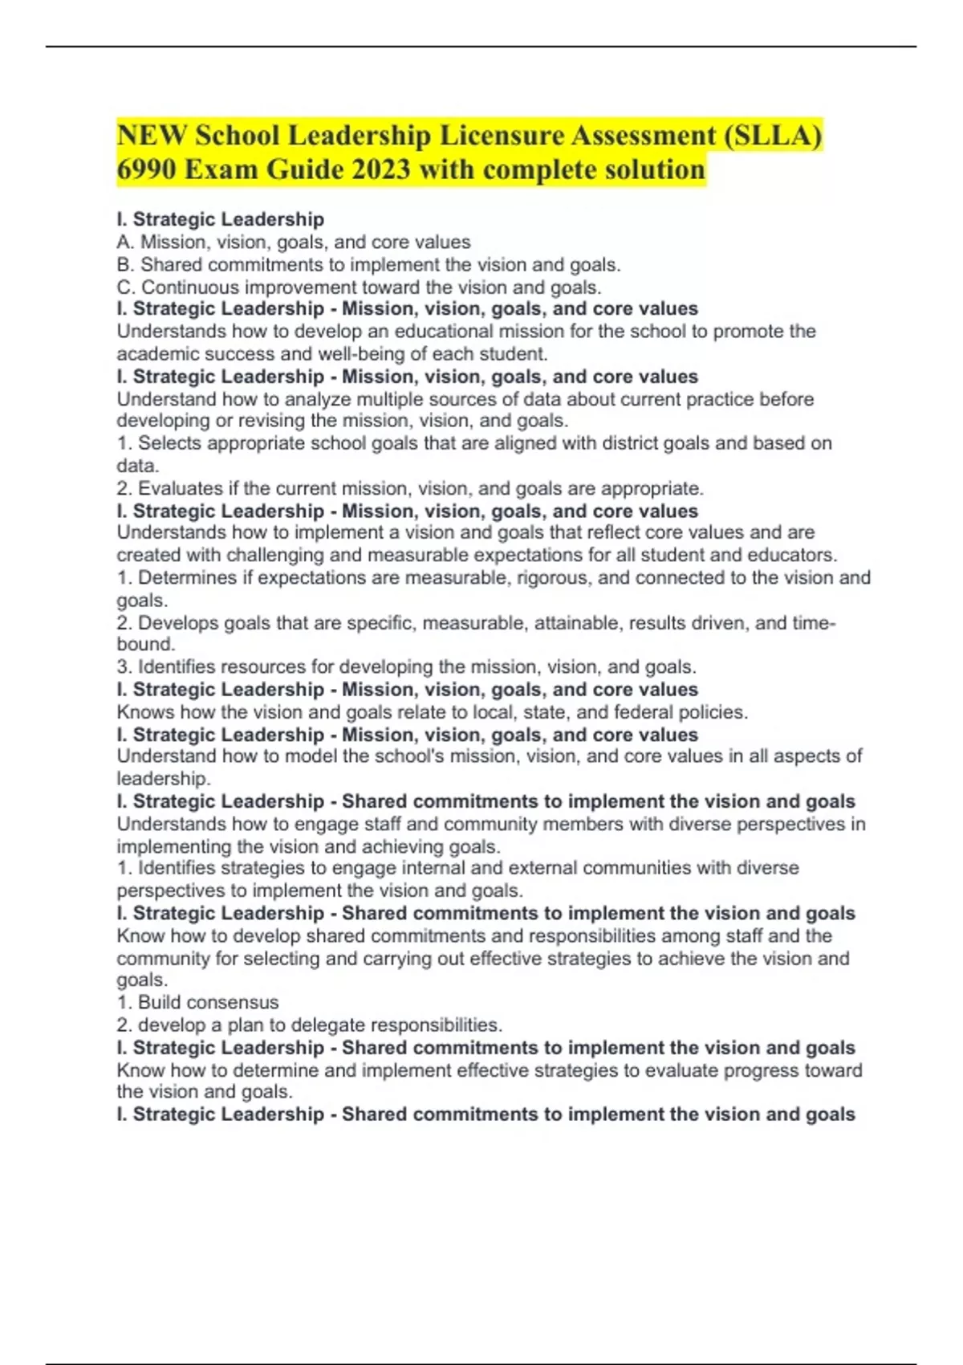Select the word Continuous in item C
click(189, 287)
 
